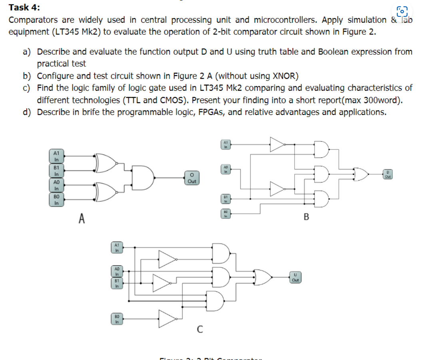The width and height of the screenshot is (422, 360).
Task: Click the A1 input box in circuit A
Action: (56, 156)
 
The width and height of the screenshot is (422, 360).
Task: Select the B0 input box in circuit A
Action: (56, 200)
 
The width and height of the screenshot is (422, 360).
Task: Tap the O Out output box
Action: (192, 178)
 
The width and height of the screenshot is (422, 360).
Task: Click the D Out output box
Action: (387, 174)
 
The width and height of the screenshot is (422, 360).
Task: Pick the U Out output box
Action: (295, 277)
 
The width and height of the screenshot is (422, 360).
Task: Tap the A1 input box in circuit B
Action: (225, 144)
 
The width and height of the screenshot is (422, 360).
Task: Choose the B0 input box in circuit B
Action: (225, 214)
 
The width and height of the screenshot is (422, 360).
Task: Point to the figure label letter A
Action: (82, 219)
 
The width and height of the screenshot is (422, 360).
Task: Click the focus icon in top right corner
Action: (402, 11)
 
